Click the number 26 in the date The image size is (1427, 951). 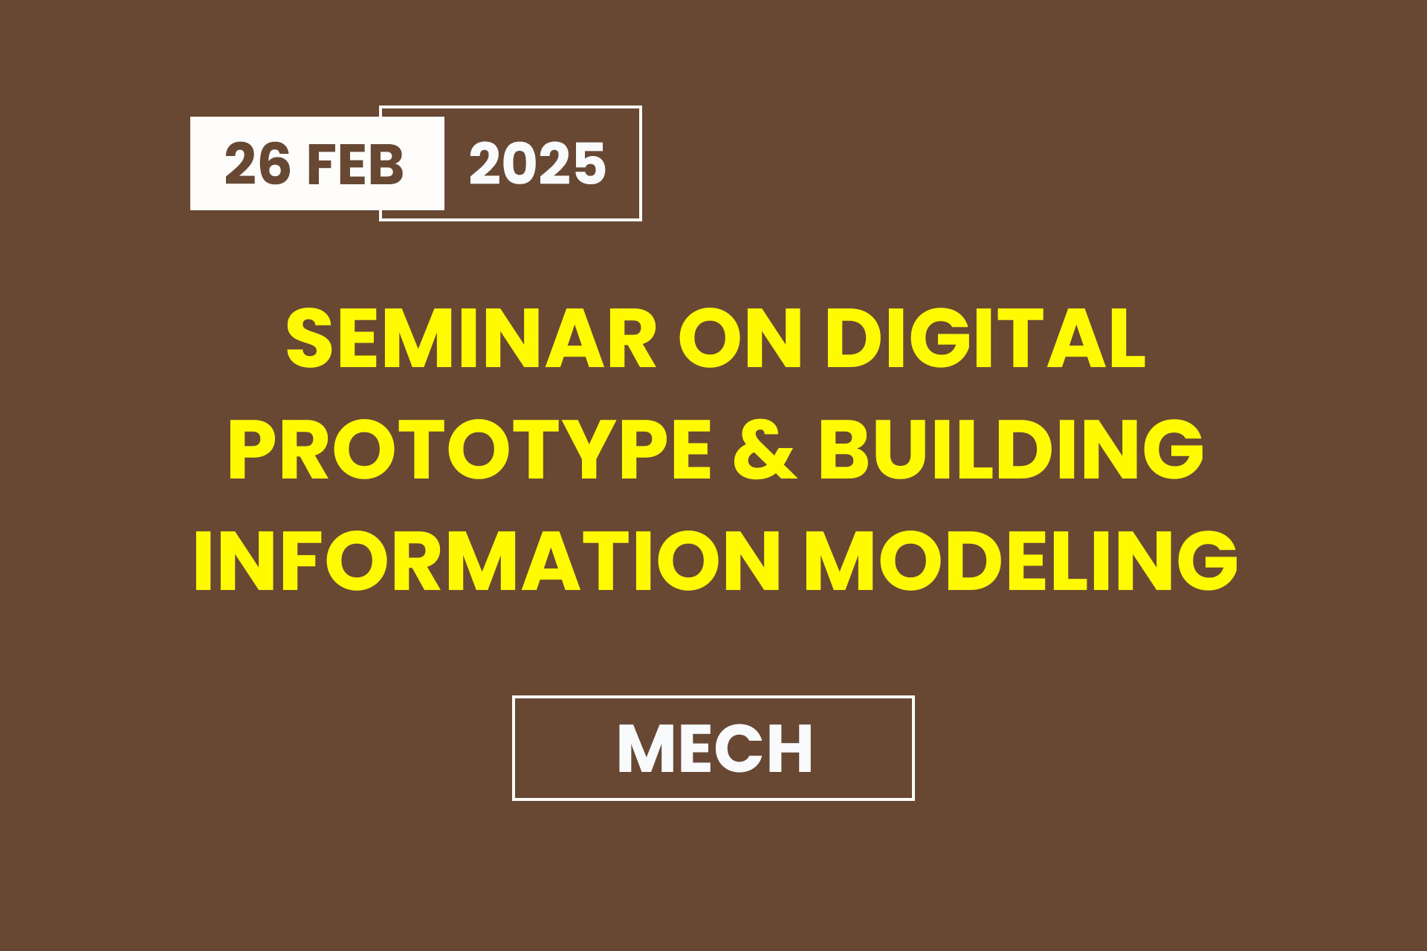(257, 163)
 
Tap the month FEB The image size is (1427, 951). (355, 163)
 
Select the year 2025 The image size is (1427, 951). (537, 163)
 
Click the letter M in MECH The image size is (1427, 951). (647, 748)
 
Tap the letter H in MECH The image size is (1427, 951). (790, 748)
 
